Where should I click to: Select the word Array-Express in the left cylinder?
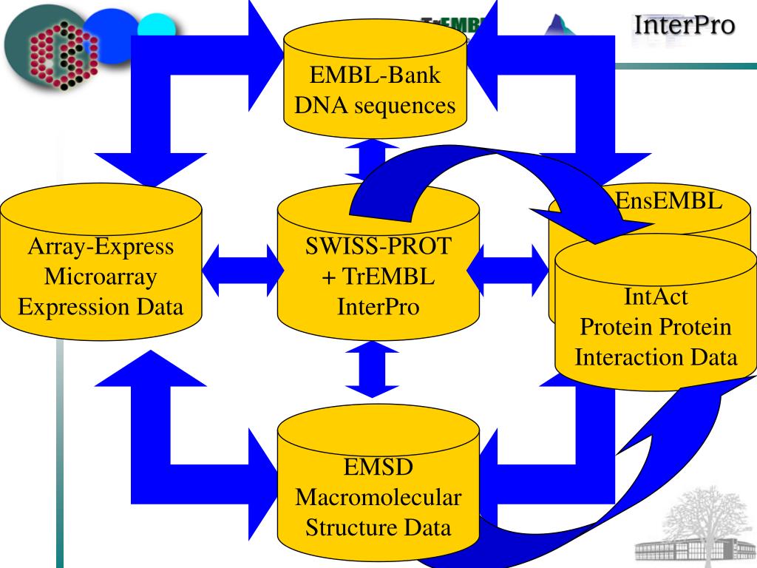pyautogui.click(x=101, y=246)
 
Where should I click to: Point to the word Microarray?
pyautogui.click(x=101, y=276)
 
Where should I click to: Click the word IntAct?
pyautogui.click(x=656, y=297)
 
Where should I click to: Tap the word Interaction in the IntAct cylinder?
pyautogui.click(x=626, y=357)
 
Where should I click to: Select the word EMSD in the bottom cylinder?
pyautogui.click(x=378, y=467)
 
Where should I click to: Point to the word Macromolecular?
pyautogui.click(x=378, y=498)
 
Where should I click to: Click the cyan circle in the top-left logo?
pyautogui.click(x=158, y=28)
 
